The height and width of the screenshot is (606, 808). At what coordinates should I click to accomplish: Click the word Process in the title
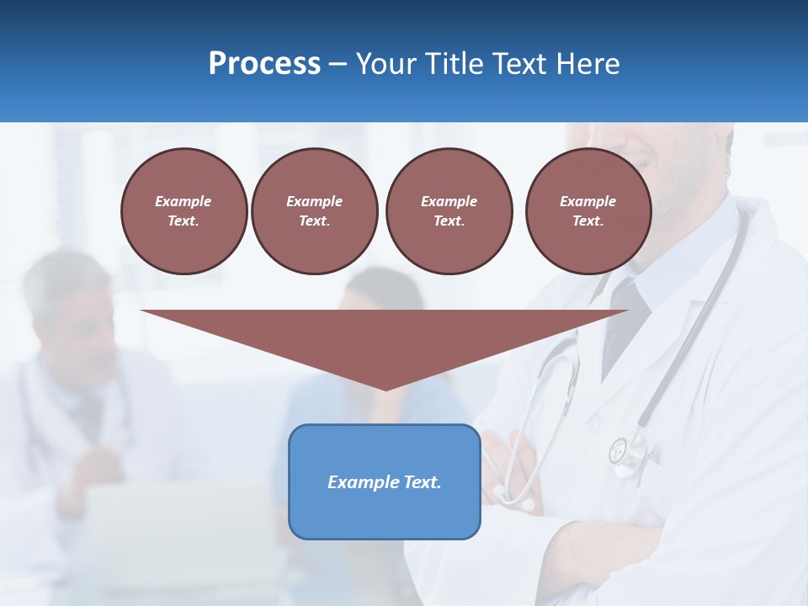coord(264,63)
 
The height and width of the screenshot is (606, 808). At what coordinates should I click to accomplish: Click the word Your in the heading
coord(386,63)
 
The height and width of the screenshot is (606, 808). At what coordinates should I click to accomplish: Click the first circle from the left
coord(184,210)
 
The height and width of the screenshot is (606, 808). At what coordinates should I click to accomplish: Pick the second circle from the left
coord(315,210)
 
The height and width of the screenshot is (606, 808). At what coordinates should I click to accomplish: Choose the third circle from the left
coord(449,210)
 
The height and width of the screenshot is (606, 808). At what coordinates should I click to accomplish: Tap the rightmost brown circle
coord(588,210)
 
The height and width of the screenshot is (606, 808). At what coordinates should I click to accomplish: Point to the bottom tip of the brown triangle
coord(385,388)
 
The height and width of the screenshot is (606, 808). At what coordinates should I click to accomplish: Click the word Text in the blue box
coord(423,482)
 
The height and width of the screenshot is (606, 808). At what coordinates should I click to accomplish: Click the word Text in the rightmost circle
coord(587,221)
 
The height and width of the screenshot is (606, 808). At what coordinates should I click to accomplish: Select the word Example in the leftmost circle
coord(183,201)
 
